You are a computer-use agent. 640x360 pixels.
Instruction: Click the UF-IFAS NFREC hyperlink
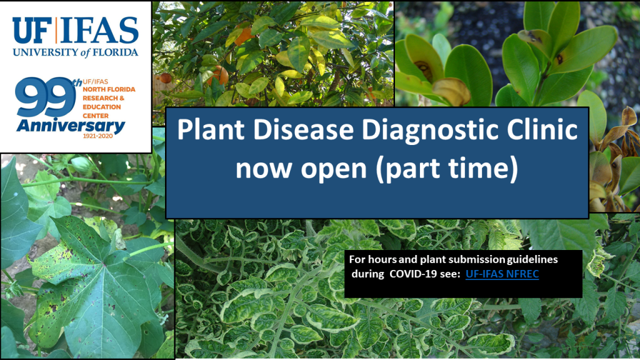tap(502, 274)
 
